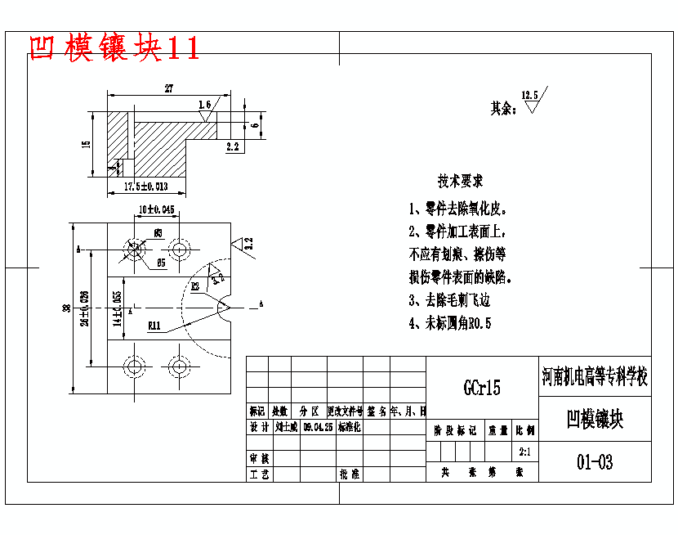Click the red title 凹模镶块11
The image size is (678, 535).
coord(114,47)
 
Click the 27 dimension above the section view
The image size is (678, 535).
coord(168,88)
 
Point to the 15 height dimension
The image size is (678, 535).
coord(86,145)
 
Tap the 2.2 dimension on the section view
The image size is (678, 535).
coord(232,147)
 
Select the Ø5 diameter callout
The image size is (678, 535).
coord(161,263)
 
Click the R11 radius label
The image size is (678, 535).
coord(154,326)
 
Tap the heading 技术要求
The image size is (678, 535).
coord(460,180)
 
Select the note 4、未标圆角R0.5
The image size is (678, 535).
coord(450,323)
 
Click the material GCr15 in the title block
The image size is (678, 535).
coord(482,387)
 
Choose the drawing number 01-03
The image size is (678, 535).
coord(595,462)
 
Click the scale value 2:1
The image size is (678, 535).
coord(525,451)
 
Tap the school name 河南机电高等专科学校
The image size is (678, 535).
coord(595,377)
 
